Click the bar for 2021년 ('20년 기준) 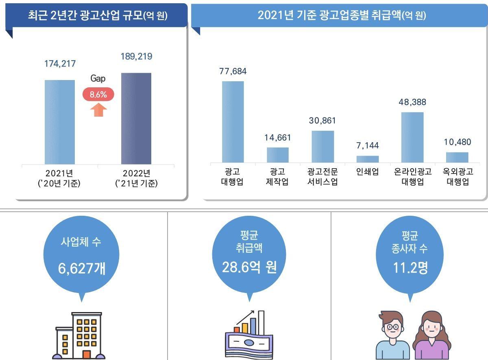tap(59, 122)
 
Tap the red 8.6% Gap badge tap(98, 95)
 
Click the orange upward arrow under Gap tap(98, 110)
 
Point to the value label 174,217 tap(60, 64)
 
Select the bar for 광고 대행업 tap(233, 122)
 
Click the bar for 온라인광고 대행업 tap(412, 137)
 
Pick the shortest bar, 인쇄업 tap(368, 159)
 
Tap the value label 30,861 tap(323, 121)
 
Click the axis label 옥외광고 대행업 tap(457, 177)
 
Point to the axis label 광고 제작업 tap(278, 177)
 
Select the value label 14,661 tap(278, 138)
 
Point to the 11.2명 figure tap(410, 268)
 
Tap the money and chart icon tap(245, 335)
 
